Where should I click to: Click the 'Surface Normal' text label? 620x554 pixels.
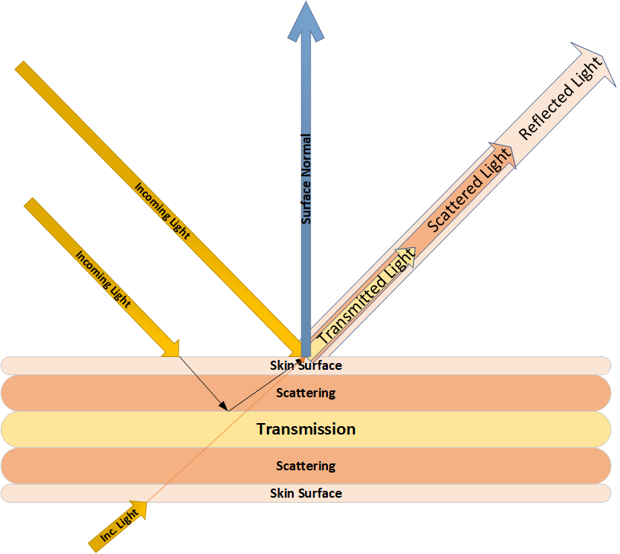click(x=307, y=180)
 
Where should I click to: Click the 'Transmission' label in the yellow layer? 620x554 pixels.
click(x=306, y=429)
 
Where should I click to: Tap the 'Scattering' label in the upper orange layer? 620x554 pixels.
click(x=306, y=393)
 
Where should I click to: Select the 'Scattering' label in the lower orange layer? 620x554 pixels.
click(x=306, y=466)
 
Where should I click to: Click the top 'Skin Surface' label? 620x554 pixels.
click(x=306, y=365)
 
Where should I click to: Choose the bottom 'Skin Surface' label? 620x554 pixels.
click(x=306, y=493)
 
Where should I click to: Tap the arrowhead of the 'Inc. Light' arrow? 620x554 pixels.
click(x=141, y=506)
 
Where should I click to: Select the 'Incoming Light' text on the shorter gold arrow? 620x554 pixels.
click(x=103, y=279)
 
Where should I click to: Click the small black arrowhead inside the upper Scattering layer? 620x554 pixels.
click(x=224, y=407)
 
